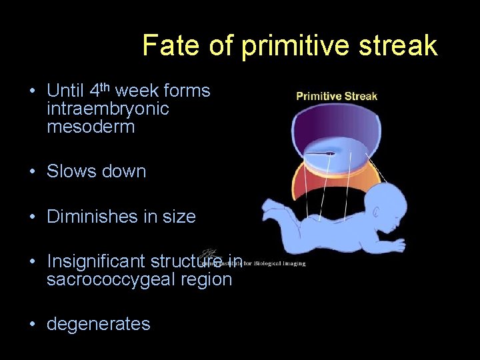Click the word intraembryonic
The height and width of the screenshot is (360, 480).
(108, 109)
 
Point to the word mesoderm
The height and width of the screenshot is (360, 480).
(91, 127)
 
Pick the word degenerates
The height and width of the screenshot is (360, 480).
(99, 325)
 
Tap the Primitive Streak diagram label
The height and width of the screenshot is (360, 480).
(337, 96)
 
